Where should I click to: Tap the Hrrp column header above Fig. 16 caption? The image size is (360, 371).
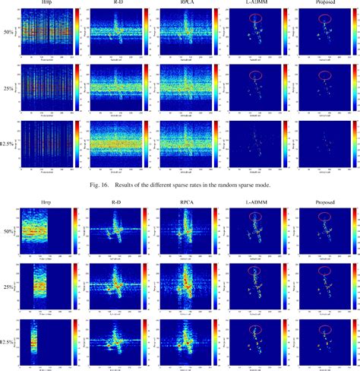click(37, 4)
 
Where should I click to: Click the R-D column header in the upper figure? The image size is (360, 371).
click(111, 4)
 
